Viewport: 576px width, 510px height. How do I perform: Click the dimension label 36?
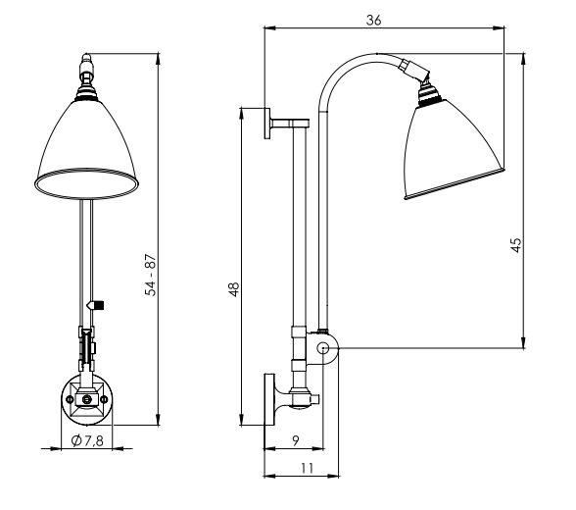click(x=374, y=20)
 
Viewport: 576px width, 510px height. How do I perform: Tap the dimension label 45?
click(x=516, y=245)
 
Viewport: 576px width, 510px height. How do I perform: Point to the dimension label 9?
click(x=296, y=439)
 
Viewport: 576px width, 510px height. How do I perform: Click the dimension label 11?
click(x=308, y=468)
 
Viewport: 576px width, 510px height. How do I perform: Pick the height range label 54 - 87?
click(x=151, y=275)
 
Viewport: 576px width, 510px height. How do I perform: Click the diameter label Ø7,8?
click(x=87, y=440)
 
